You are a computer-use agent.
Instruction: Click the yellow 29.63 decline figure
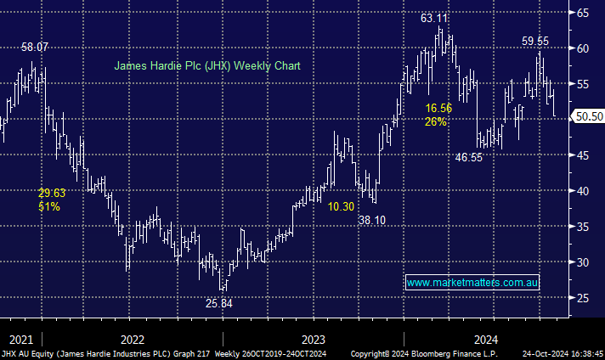52,193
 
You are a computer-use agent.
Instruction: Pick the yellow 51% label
49,206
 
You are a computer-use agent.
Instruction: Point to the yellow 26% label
436,121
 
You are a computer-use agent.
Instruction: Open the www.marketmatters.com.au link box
473,282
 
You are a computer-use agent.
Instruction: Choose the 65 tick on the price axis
584,13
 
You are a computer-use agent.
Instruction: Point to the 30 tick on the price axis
584,262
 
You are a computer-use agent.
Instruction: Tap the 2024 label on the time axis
487,337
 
